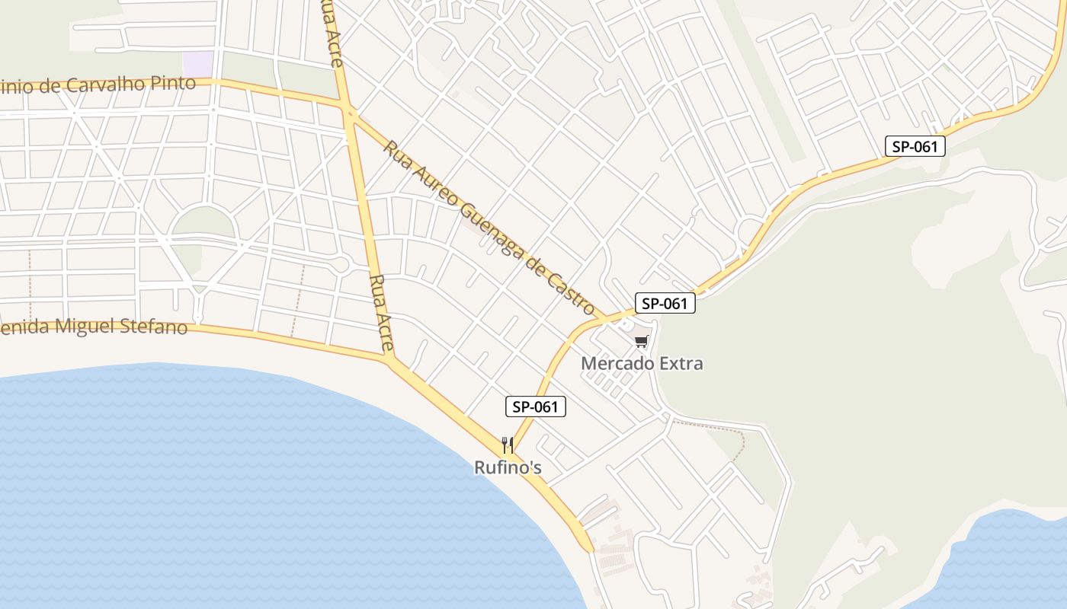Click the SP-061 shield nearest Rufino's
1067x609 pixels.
(x=536, y=407)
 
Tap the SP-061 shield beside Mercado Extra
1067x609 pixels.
(x=665, y=303)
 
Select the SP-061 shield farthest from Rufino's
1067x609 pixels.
(x=915, y=146)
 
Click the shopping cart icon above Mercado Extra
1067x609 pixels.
(x=641, y=342)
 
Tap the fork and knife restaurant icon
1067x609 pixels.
(x=507, y=445)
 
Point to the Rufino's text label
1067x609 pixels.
(x=508, y=467)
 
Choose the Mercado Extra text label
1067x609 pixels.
(x=642, y=363)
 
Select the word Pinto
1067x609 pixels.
(x=175, y=83)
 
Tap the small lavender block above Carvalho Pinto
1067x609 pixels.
(x=198, y=64)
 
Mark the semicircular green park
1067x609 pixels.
(x=202, y=223)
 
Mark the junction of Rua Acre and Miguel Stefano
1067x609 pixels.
(x=390, y=358)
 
